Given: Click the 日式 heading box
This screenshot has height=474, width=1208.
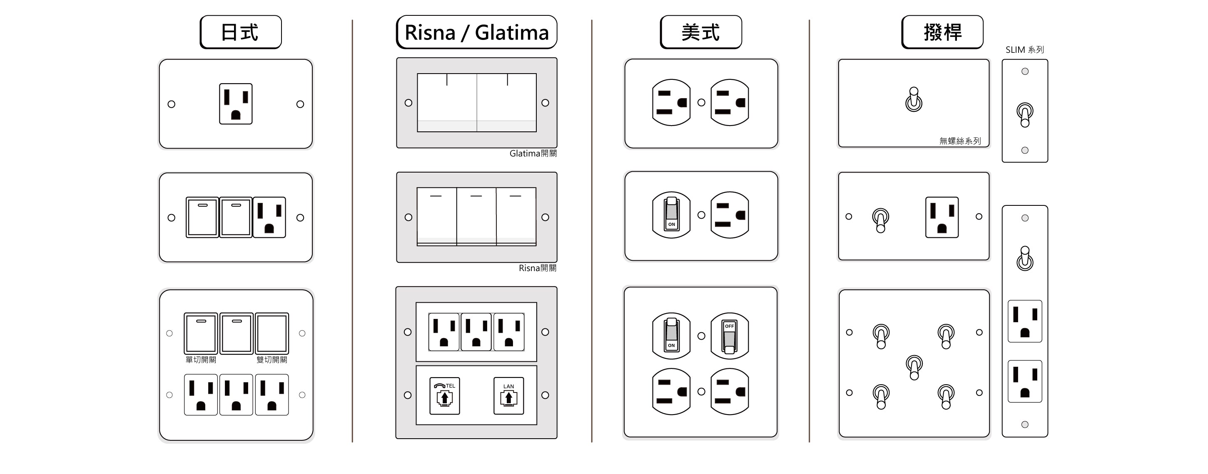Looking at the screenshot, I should [241, 32].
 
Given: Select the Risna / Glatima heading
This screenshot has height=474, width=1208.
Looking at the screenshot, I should [476, 32].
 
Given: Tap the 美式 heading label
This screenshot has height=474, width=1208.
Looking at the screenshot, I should [700, 32].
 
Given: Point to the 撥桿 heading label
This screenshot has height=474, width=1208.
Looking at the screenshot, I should [942, 32].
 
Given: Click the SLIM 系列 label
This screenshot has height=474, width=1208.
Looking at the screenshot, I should [1025, 49].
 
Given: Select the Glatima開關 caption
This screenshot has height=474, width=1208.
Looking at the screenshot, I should [533, 153].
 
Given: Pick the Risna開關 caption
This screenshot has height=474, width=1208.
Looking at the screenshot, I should [538, 268].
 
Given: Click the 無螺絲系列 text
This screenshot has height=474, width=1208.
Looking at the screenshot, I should [960, 141].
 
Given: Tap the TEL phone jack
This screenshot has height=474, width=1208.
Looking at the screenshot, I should [445, 396].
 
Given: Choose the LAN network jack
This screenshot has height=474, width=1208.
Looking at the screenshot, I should [509, 396].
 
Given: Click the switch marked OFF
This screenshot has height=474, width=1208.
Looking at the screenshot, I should [729, 336].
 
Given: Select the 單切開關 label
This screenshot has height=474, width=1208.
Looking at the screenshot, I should [201, 360].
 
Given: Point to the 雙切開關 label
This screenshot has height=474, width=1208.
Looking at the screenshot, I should [271, 360].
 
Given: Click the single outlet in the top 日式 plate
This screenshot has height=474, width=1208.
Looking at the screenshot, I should [236, 104].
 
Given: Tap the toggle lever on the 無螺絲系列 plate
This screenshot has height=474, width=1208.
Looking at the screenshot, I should [914, 100].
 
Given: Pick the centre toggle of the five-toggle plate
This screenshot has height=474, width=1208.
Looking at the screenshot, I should [914, 366].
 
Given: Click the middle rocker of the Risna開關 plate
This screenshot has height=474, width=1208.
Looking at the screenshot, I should [476, 216].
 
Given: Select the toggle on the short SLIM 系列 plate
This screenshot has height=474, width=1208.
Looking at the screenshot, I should [1025, 114].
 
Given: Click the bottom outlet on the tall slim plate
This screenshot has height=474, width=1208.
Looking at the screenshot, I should [1025, 381].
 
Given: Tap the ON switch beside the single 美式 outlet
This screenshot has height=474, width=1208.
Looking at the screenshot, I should [672, 215].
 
